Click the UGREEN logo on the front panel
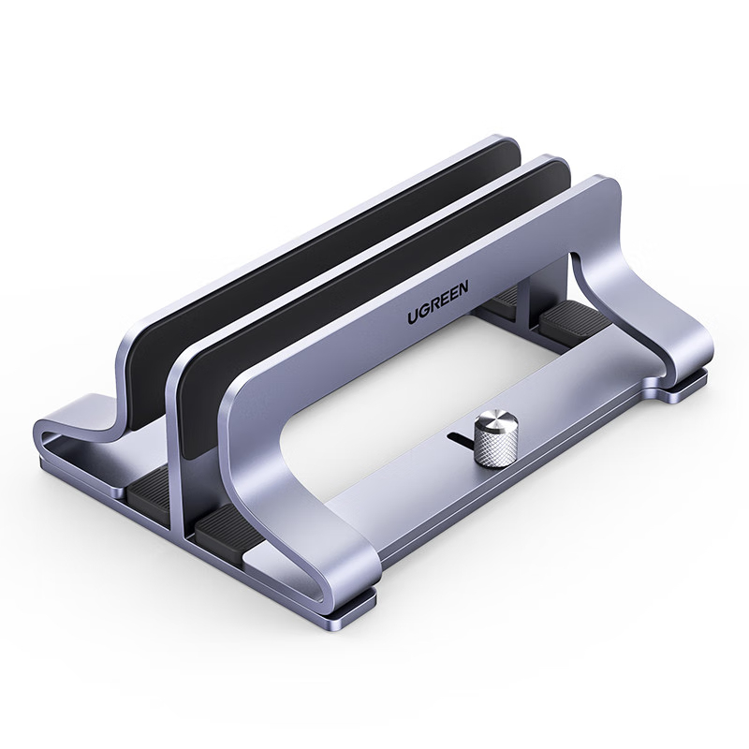(438, 302)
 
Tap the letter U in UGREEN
(412, 318)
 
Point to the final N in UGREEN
(463, 287)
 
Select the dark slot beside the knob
(461, 437)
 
